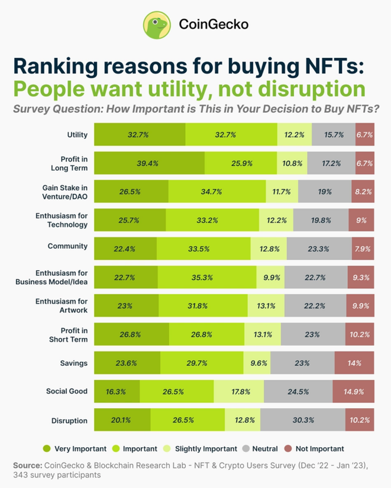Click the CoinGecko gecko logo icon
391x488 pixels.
157,25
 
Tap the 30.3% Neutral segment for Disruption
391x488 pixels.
303,420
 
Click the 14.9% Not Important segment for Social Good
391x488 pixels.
353,392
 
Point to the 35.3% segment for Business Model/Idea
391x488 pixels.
207,277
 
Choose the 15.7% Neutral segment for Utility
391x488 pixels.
333,135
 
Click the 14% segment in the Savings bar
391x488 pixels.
354,363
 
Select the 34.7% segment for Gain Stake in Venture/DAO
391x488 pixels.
217,192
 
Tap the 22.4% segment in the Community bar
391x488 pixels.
126,249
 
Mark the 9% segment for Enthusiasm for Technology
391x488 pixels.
361,220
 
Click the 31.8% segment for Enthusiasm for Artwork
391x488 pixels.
203,306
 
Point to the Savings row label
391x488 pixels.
74,363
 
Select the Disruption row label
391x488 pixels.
70,420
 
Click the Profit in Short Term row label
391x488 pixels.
69,335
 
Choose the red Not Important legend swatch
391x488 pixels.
288,448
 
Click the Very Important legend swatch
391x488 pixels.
46,448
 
